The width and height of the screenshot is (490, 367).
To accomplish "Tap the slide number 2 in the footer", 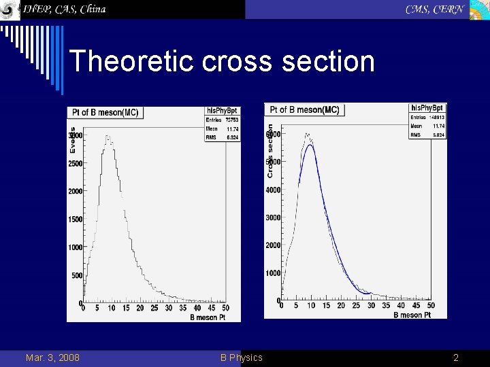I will [x=456, y=357].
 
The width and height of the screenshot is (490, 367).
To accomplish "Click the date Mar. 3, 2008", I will [x=52, y=357].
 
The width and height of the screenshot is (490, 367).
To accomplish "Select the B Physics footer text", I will [x=241, y=357].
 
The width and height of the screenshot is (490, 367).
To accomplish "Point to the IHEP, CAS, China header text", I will [x=65, y=10].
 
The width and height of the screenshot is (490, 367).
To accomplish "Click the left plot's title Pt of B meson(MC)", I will [x=105, y=113].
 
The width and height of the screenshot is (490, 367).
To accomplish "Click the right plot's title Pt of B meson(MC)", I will [x=304, y=109].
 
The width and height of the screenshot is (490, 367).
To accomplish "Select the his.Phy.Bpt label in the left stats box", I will [x=222, y=110].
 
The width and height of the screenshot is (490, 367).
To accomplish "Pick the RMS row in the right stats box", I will [x=427, y=135].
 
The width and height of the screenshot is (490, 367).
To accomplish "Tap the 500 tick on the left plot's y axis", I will [x=77, y=275].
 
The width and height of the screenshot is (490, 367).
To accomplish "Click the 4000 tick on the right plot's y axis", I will [x=272, y=190].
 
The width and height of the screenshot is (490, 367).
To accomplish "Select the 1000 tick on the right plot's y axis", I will [x=272, y=273].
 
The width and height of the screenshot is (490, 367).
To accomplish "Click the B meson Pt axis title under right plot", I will [x=412, y=315].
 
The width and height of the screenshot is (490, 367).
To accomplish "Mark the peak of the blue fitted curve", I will [x=310, y=145].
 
